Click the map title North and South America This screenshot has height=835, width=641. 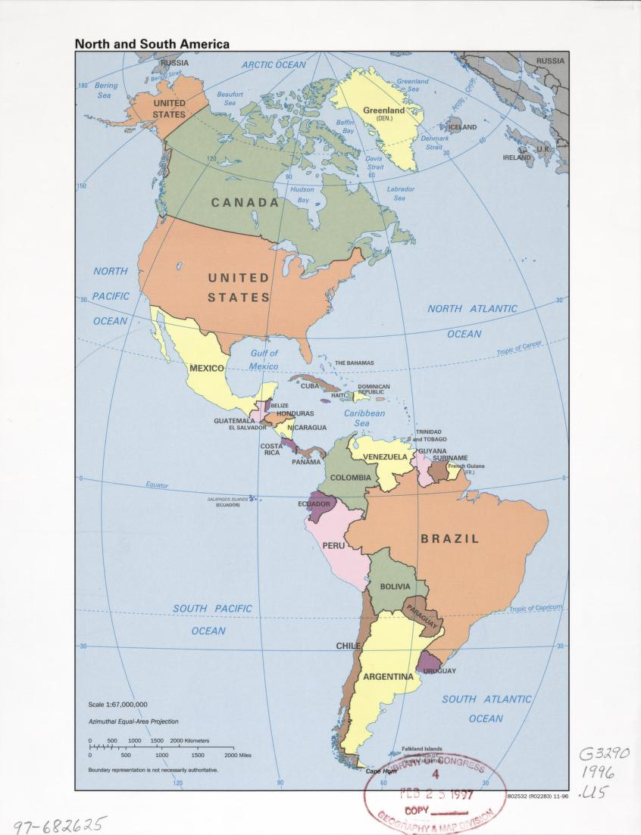(152, 45)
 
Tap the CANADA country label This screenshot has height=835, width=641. (245, 203)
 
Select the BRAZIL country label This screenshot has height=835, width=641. (450, 539)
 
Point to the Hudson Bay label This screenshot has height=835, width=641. (302, 195)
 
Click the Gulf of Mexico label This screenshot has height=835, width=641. (264, 360)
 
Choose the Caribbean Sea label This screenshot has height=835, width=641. (364, 418)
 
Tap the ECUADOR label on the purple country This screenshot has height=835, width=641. (314, 503)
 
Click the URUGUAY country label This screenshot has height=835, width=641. (439, 671)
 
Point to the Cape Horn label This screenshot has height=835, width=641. (381, 771)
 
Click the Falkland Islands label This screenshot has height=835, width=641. (421, 749)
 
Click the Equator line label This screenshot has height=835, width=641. (157, 485)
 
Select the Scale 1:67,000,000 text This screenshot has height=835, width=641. (117, 704)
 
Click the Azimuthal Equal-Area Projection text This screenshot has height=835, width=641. (133, 721)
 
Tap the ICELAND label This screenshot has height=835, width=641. (462, 127)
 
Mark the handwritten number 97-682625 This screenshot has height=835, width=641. (59, 824)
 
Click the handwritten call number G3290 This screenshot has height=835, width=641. (604, 754)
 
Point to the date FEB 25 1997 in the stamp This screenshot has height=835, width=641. (436, 794)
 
